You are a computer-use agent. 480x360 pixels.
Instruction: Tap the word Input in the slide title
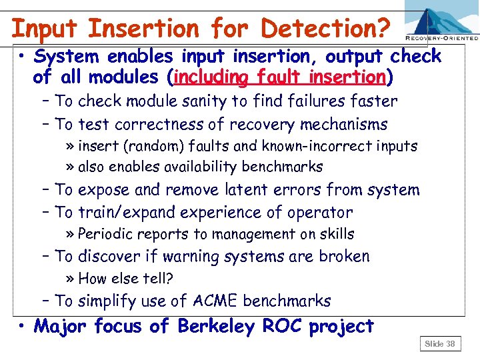pos(45,28)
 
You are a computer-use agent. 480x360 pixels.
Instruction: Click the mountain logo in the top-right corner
pos(441,20)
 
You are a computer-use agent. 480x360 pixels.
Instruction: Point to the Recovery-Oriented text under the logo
pos(441,39)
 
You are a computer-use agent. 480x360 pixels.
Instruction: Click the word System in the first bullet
pos(70,57)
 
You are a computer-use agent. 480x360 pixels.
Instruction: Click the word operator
pos(319,213)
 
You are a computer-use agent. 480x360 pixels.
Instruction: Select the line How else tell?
pos(125,279)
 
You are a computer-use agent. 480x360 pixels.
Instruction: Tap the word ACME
pos(213,301)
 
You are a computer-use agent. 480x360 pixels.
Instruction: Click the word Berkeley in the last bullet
pos(215,326)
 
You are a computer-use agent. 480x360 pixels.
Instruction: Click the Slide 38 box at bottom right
pos(440,343)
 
